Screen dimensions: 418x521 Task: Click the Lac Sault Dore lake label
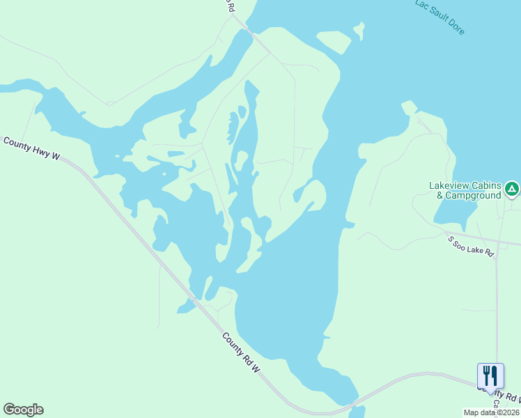(x=440, y=17)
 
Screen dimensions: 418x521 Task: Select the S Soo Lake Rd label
(x=470, y=247)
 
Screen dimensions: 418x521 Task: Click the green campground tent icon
(x=512, y=188)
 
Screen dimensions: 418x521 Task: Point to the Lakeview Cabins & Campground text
(x=465, y=190)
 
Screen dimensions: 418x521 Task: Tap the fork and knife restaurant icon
(x=490, y=376)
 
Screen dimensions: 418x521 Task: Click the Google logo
(x=23, y=410)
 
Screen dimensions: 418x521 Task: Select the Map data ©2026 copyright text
(x=492, y=412)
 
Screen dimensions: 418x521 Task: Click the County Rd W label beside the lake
(x=241, y=352)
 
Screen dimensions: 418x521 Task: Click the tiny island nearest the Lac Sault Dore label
(x=359, y=31)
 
